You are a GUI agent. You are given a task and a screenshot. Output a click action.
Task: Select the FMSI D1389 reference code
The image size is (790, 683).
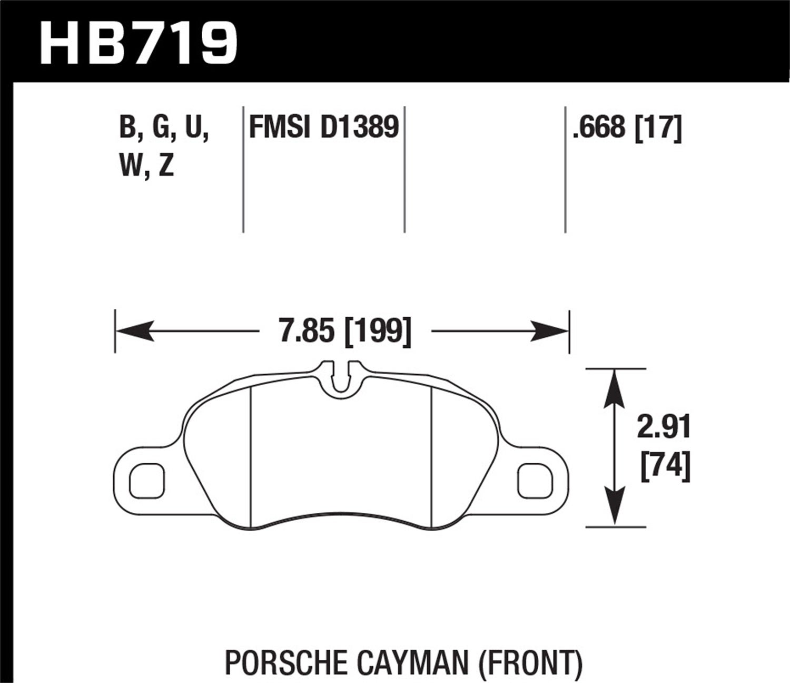click(x=323, y=128)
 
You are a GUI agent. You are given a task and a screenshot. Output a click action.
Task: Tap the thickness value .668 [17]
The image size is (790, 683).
click(x=627, y=128)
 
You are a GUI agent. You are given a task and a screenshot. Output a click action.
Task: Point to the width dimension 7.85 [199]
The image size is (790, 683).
click(x=345, y=331)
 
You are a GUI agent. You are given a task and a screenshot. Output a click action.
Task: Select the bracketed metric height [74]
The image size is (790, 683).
click(x=665, y=466)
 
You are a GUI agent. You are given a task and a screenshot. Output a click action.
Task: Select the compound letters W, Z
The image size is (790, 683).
click(x=147, y=167)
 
